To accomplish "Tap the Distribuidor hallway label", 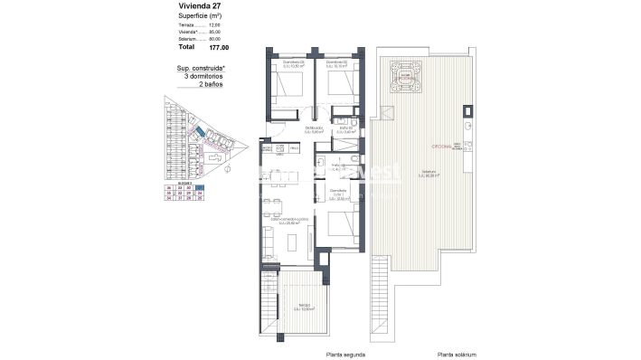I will [314, 129].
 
